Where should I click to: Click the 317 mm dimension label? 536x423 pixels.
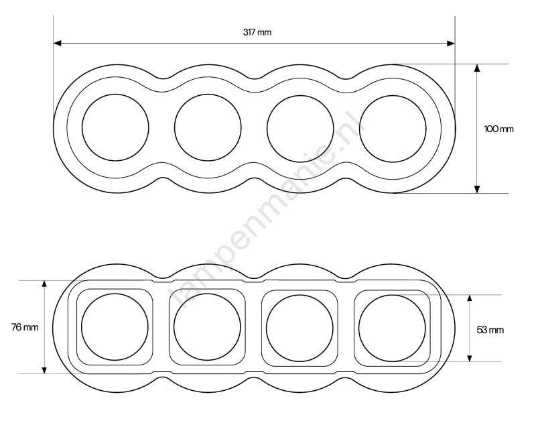(257, 32)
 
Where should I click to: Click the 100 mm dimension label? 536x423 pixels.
(498, 129)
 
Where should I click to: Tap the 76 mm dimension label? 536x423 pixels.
(25, 327)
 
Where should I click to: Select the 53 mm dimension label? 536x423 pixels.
(490, 330)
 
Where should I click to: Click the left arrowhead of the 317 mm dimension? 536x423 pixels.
(58, 43)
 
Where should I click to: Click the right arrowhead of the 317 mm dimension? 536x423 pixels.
(451, 44)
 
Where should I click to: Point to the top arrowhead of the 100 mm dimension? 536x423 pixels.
(477, 68)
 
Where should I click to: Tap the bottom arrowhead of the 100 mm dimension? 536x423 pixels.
(477, 189)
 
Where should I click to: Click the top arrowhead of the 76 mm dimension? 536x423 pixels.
(44, 284)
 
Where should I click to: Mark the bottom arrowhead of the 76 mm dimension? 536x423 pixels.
(44, 369)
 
